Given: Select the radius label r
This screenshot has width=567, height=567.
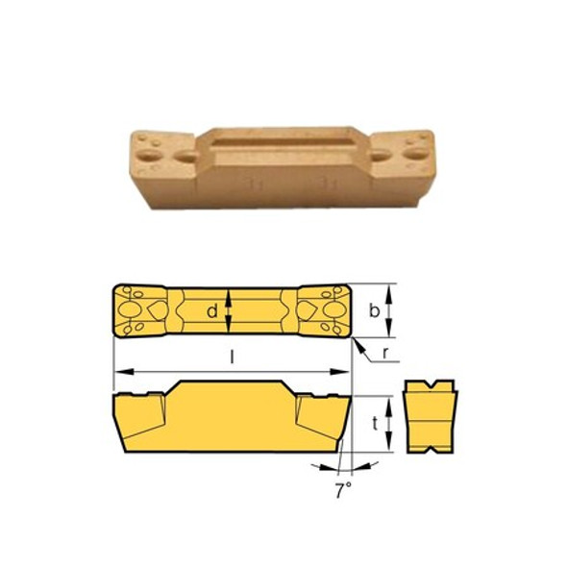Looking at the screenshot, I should pyautogui.click(x=383, y=353).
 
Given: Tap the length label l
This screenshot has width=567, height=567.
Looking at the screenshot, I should pyautogui.click(x=233, y=357).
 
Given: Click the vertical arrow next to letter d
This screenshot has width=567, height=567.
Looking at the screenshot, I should pyautogui.click(x=229, y=309).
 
